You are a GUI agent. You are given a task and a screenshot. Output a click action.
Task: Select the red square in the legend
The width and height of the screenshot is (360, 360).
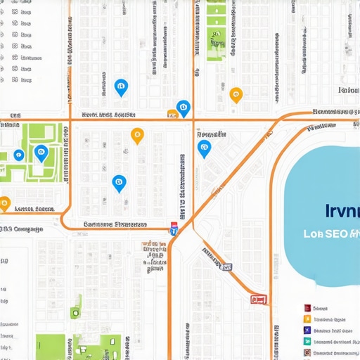point(307,308)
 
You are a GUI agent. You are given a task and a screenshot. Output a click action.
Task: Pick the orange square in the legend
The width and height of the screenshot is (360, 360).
point(307,319)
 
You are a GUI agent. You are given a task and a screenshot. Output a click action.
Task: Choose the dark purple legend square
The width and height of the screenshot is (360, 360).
point(307,330)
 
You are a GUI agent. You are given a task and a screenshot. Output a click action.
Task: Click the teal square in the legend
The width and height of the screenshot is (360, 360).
point(307,341)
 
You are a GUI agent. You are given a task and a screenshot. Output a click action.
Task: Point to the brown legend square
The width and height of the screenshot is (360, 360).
point(307,352)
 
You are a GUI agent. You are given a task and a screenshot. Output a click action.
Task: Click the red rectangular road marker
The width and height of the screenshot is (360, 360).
point(259,299)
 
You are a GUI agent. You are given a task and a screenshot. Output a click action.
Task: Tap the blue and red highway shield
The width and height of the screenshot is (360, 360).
point(174,229)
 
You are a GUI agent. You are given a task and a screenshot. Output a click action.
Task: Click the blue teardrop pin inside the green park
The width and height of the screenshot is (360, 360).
point(41,152)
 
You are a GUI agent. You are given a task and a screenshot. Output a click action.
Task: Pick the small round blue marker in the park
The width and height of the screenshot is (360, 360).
point(19,155)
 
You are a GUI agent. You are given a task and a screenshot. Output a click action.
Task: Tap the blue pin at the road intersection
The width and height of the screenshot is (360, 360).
point(184,108)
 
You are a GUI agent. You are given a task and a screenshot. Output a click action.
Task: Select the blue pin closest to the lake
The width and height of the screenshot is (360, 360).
point(204,148)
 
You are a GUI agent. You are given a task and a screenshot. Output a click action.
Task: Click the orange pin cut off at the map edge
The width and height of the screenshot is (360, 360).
point(4,204)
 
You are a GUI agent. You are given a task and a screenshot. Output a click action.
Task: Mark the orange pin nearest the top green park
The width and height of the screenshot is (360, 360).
point(236,94)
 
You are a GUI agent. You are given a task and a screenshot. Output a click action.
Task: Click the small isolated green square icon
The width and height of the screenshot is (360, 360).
point(75,313)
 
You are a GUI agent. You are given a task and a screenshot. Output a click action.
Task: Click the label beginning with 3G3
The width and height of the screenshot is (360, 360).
point(21,229)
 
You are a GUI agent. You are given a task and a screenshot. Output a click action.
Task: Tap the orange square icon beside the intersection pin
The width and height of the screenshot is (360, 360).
point(172,112)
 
